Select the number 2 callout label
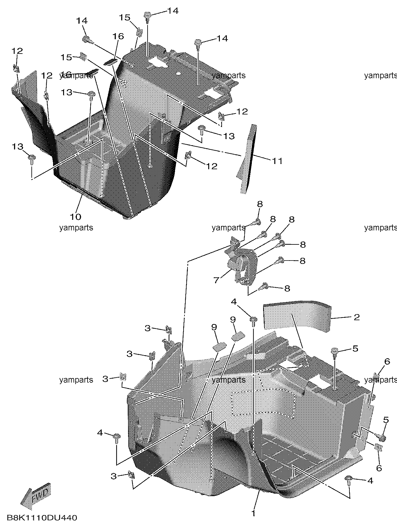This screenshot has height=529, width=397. (x=357, y=317)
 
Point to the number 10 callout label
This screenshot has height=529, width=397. (x=76, y=217)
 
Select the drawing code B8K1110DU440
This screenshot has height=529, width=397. (x=41, y=518)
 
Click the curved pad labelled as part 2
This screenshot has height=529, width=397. (x=297, y=316)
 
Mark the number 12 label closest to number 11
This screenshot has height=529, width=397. (x=212, y=166)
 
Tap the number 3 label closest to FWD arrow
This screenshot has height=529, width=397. (x=113, y=476)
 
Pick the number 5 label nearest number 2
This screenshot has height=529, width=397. (x=355, y=348)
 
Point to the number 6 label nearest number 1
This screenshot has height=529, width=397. (x=379, y=468)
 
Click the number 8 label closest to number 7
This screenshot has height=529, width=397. (x=287, y=288)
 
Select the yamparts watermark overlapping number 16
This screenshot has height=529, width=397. (x=76, y=75)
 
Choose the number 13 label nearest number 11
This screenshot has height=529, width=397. (x=229, y=136)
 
